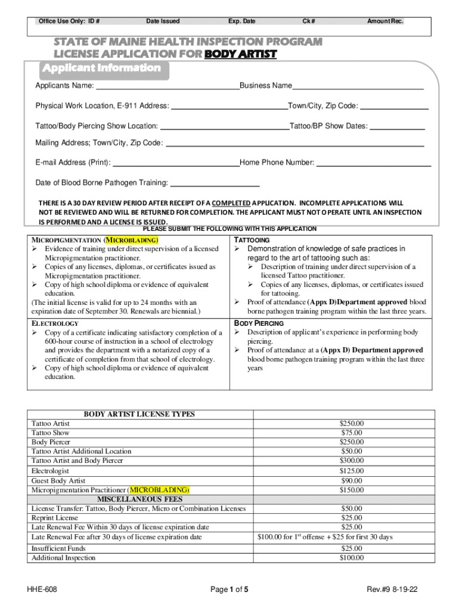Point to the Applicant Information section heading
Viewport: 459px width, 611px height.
point(101,68)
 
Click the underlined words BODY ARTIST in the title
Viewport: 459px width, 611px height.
point(240,54)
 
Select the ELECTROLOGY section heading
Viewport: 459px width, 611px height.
point(55,323)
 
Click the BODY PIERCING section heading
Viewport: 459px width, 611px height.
point(259,323)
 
